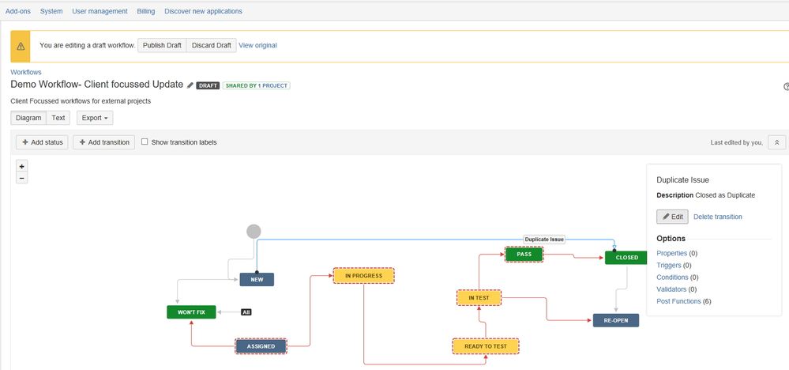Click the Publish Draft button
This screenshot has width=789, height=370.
click(x=162, y=45)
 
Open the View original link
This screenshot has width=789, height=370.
click(x=257, y=45)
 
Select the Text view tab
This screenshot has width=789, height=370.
click(x=58, y=118)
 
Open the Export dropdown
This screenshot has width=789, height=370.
click(x=95, y=118)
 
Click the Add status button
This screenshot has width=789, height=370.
click(x=42, y=142)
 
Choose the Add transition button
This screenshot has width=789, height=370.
click(x=103, y=142)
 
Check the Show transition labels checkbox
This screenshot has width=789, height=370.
click(x=145, y=142)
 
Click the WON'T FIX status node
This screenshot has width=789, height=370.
click(x=191, y=311)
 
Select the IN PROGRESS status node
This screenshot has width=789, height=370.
click(x=363, y=275)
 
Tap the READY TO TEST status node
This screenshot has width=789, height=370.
click(x=485, y=346)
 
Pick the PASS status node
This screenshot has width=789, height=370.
click(x=524, y=254)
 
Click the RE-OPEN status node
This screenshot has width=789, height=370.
click(x=615, y=320)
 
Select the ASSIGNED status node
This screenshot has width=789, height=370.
click(x=261, y=346)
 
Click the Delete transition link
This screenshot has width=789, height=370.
click(x=717, y=217)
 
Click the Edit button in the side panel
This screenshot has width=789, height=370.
click(x=672, y=217)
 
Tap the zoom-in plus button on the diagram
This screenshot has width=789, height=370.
click(x=22, y=166)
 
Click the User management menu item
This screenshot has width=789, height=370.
click(x=100, y=11)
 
